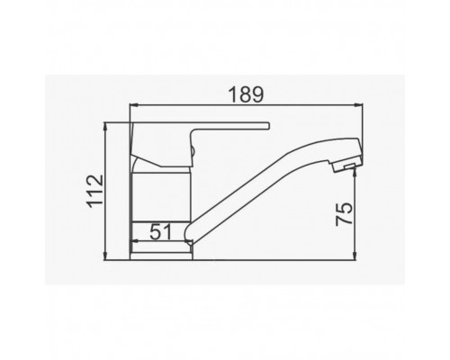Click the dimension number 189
point(246,94)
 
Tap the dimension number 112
point(95,191)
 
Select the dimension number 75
point(344,214)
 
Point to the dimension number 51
point(160,231)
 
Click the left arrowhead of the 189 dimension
point(133,105)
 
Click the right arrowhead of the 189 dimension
point(358,105)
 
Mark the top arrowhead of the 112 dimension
point(104,126)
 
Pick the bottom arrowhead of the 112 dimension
point(104,256)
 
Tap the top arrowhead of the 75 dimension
point(355,172)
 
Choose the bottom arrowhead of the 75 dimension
point(355,256)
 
